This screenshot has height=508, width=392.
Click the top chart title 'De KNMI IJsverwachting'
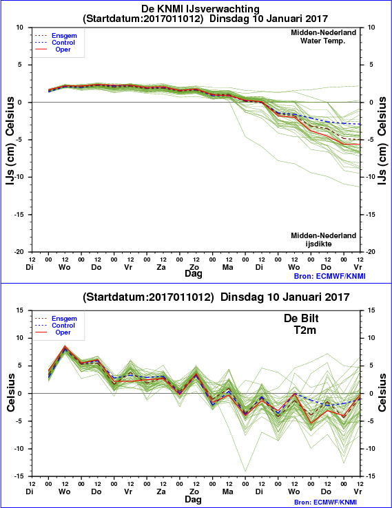click(x=200, y=8)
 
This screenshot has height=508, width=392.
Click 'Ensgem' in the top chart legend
click(x=64, y=36)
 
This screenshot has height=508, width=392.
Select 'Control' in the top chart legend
click(x=63, y=43)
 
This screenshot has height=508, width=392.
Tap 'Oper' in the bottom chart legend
click(x=63, y=332)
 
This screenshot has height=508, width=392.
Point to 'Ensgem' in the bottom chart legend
click(x=64, y=319)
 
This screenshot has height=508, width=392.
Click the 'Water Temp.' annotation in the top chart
click(x=322, y=41)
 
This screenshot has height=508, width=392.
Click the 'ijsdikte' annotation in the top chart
click(x=318, y=244)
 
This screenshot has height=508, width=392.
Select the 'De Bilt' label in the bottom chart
click(x=301, y=318)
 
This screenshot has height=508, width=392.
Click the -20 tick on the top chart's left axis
click(x=19, y=252)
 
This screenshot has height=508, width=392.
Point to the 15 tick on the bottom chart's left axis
click(x=20, y=310)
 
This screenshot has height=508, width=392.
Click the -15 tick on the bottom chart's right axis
click(x=371, y=476)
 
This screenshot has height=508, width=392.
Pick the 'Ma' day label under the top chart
click(x=227, y=267)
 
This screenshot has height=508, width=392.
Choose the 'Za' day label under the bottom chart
click(x=161, y=491)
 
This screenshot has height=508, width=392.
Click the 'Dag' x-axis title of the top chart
click(x=193, y=274)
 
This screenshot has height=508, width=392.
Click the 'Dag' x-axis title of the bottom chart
click(x=193, y=499)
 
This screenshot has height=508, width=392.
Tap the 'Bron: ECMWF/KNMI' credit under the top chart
click(x=330, y=276)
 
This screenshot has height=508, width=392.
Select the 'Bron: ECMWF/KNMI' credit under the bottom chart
click(x=330, y=502)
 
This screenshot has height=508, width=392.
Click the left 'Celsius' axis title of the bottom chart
click(x=11, y=392)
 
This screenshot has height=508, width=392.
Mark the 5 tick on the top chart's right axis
click(x=371, y=65)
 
